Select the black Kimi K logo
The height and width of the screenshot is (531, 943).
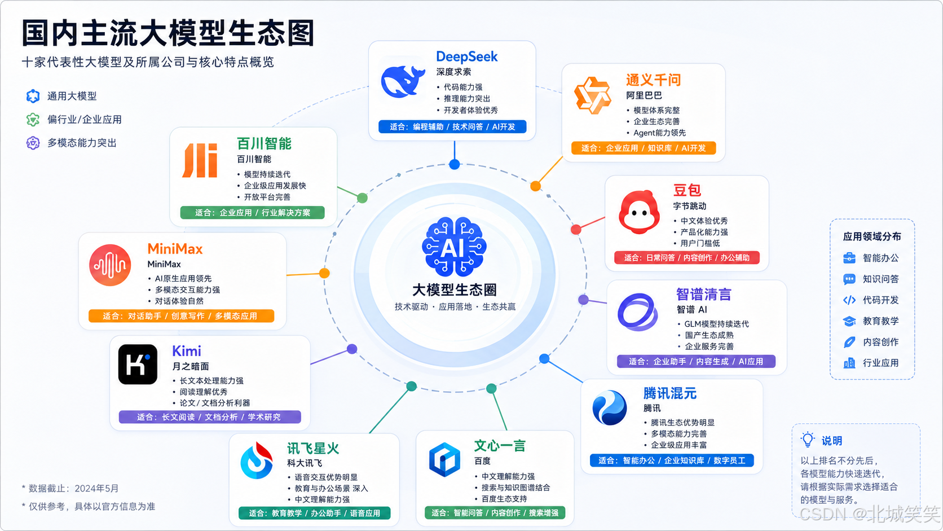(x=138, y=364)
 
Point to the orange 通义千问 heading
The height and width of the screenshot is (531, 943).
(x=653, y=80)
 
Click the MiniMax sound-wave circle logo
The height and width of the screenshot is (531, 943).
(x=110, y=265)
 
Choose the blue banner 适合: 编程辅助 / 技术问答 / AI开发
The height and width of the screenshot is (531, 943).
(x=452, y=127)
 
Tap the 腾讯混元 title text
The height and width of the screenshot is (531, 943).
(x=670, y=393)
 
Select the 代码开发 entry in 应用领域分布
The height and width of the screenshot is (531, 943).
(x=871, y=300)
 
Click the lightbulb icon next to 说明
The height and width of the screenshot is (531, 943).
(x=808, y=440)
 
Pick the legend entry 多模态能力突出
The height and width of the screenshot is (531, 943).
(x=72, y=143)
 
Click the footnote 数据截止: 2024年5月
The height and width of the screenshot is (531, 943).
(x=70, y=489)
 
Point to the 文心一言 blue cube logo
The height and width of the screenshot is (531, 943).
(x=444, y=459)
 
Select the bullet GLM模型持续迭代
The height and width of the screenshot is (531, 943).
(x=716, y=324)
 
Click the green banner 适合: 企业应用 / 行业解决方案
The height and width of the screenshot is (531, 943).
(x=252, y=213)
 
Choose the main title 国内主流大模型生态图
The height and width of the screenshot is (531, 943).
(x=168, y=33)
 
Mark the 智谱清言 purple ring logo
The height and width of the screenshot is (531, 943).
(x=637, y=311)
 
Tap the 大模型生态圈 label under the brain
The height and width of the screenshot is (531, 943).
(x=454, y=289)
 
